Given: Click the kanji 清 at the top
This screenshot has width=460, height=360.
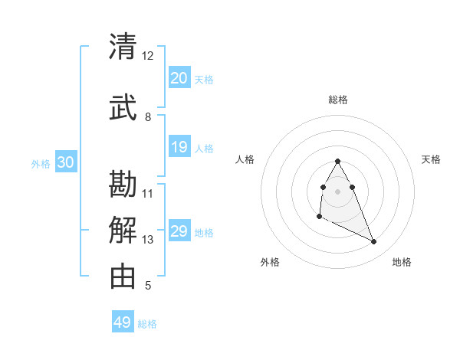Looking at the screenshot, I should (x=123, y=47).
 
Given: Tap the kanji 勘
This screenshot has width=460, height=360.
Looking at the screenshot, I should (x=123, y=184).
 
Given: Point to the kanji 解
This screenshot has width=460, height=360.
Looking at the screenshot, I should (x=123, y=229).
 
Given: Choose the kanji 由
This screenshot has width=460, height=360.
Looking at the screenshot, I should (x=123, y=276).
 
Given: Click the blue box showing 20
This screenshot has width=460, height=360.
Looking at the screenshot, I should (x=179, y=78).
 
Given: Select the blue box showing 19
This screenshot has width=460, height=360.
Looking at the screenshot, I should (x=179, y=147).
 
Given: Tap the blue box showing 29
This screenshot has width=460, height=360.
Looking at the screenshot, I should (x=179, y=231).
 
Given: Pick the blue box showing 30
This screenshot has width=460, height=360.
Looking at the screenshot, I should (x=65, y=162).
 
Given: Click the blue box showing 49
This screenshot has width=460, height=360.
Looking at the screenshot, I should (x=123, y=322).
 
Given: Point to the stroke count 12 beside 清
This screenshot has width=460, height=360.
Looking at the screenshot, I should (x=147, y=56).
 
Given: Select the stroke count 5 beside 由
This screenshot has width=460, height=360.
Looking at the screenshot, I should (x=147, y=286).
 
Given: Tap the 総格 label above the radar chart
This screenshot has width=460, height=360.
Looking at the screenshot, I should (x=337, y=100).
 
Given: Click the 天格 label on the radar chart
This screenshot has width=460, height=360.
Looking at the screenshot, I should (x=431, y=159).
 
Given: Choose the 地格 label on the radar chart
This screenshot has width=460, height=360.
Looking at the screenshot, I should (x=402, y=262).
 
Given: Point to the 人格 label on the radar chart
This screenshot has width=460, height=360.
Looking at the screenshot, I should (x=245, y=159).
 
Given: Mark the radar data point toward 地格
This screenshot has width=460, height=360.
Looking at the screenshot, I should (x=374, y=242).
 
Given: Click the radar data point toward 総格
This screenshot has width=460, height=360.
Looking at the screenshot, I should (x=337, y=161).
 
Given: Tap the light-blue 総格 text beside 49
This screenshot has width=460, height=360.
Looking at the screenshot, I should (x=147, y=324).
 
